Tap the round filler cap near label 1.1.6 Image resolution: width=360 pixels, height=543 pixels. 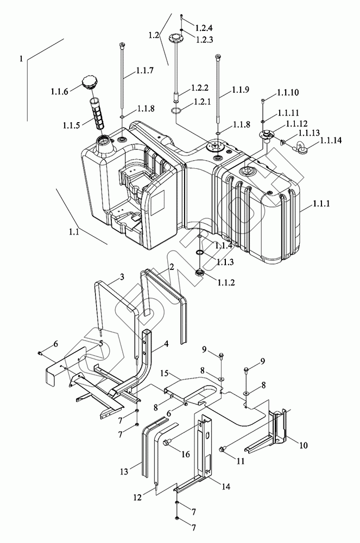pyautogui.click(x=89, y=83)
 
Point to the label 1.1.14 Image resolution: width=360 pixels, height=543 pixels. pyautogui.click(x=331, y=140)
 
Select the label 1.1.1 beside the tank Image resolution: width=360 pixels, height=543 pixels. pyautogui.click(x=321, y=204)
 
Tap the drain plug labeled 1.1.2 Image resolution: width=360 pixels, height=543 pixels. pyautogui.click(x=200, y=273)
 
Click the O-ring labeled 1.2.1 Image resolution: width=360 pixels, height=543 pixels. pyautogui.click(x=176, y=111)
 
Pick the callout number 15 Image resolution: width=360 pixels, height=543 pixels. pyautogui.click(x=165, y=374)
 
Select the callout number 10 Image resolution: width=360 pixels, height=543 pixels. pyautogui.click(x=303, y=445)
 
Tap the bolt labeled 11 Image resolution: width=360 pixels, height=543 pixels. pyautogui.click(x=223, y=449)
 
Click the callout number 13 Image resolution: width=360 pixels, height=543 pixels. pyautogui.click(x=124, y=471)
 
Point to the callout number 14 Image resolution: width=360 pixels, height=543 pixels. pyautogui.click(x=226, y=486)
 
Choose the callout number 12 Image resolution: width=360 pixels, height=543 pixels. pyautogui.click(x=137, y=497)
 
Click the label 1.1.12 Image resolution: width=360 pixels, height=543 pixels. pyautogui.click(x=296, y=124)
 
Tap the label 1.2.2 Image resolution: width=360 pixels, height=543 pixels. pyautogui.click(x=200, y=88)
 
